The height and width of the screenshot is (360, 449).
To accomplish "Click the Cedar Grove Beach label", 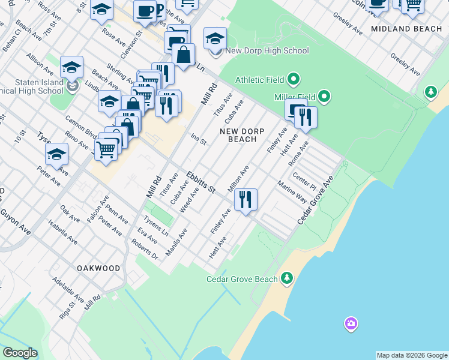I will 242,279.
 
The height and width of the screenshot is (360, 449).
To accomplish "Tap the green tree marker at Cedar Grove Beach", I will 288,277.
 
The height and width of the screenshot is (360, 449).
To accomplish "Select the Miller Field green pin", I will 324,96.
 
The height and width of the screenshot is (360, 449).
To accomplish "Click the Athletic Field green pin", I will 294,79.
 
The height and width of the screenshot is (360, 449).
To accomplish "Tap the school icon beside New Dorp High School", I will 215,40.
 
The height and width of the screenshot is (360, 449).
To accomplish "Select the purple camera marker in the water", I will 351,325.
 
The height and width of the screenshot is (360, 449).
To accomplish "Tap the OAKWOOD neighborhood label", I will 98,268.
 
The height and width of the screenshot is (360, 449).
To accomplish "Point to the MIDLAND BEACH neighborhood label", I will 406,29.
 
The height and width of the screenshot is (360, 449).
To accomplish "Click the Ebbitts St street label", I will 200,182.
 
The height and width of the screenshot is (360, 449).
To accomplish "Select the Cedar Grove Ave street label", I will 315,200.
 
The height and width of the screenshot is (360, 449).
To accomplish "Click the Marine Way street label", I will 292,191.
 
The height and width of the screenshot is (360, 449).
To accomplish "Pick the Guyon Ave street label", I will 16,221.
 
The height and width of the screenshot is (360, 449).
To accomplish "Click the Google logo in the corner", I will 20,353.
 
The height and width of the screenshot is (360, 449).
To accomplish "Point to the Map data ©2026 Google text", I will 412,355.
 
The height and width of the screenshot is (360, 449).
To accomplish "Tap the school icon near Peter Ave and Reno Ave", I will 56,154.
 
